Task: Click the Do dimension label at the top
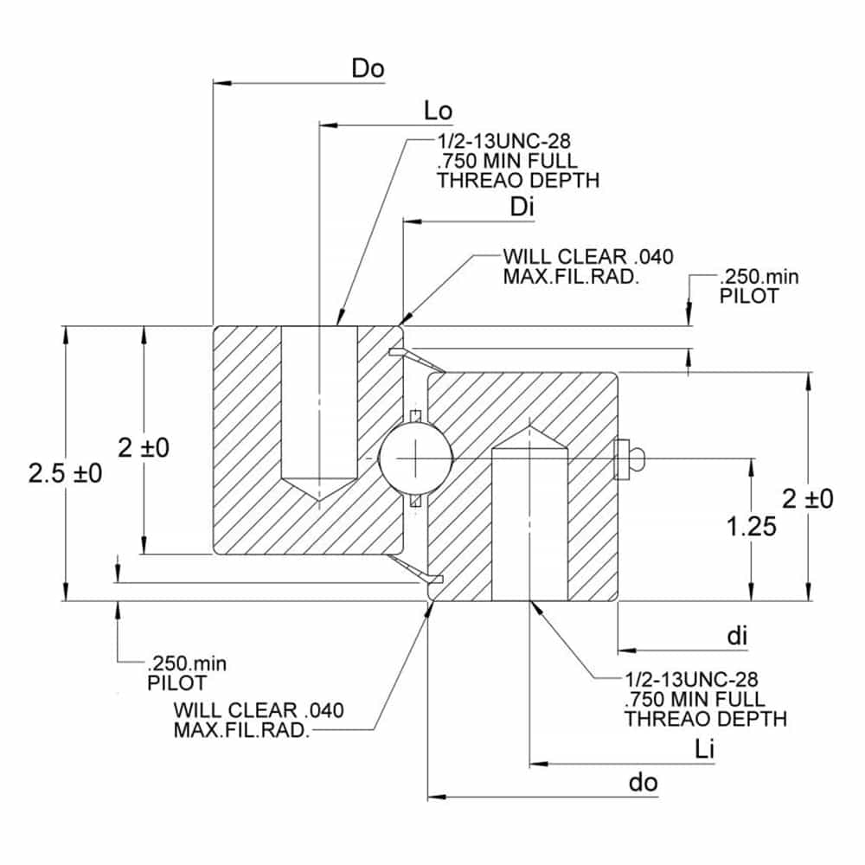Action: point(368,68)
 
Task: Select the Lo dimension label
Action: point(439,111)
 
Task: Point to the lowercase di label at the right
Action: point(736,636)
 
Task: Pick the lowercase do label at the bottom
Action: point(643,783)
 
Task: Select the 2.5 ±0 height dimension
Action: point(65,473)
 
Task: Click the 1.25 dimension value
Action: point(751,525)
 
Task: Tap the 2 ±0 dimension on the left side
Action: point(144,447)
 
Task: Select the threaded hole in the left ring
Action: point(320,407)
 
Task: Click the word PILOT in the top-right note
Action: point(748,295)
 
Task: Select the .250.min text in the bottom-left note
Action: point(187,664)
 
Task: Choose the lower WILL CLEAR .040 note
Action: point(259,710)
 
